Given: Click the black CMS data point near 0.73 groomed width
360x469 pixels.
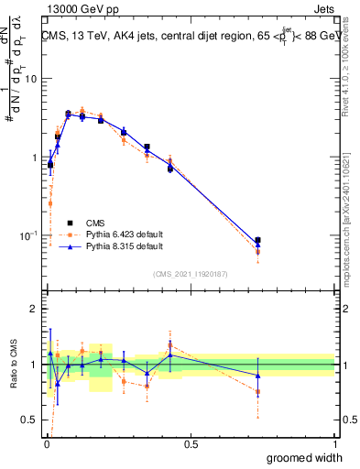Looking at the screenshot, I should (258, 241).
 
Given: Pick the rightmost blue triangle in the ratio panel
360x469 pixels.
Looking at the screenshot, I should (258, 376).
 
